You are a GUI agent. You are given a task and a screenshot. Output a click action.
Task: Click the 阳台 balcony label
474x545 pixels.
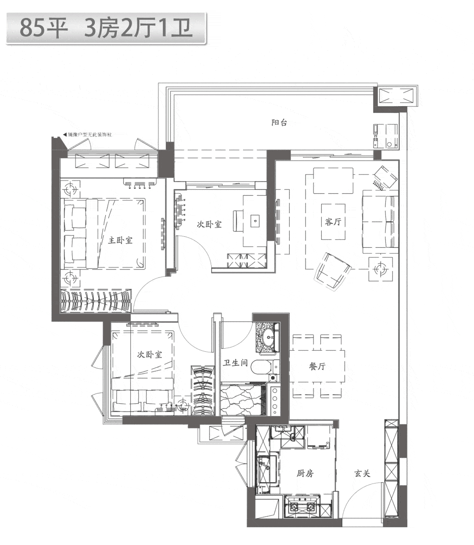tap(279, 122)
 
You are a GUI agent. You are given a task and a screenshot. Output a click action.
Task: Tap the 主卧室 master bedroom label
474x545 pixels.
tap(120, 240)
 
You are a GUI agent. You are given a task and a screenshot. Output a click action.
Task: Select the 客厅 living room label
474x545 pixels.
tap(333, 221)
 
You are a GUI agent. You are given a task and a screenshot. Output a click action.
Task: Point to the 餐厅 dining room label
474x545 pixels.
tap(317, 366)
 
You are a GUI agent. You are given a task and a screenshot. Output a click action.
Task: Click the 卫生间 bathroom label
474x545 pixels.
tap(235, 363)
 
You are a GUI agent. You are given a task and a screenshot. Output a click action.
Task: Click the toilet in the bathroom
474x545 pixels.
tap(265, 367)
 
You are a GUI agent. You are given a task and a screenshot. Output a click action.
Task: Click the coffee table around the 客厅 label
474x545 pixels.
tap(333, 222)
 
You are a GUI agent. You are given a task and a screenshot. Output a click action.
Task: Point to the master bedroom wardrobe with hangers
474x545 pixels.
tap(96, 300)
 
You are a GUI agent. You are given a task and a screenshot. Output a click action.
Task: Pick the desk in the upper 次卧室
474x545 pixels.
tap(254, 221)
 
